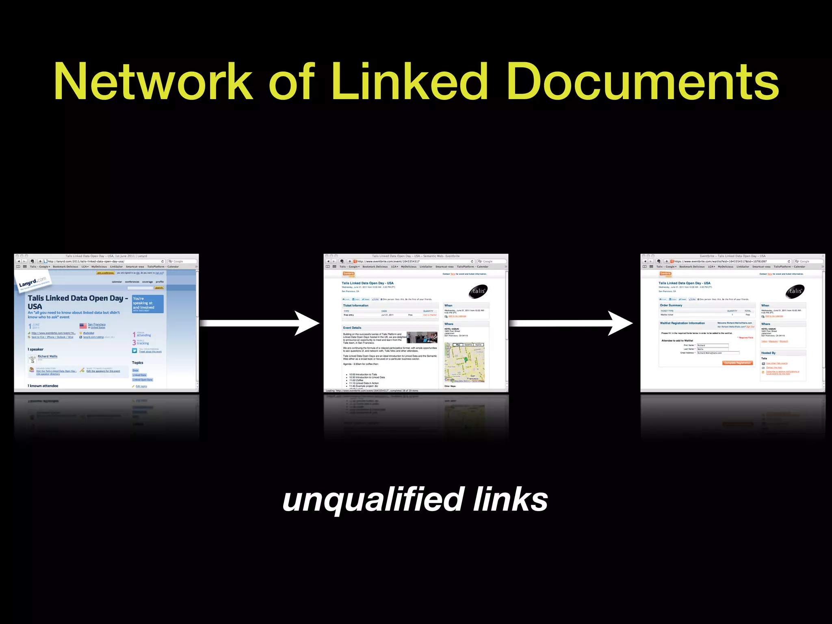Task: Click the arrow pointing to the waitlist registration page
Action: tap(570, 323)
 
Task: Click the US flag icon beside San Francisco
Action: tap(83, 326)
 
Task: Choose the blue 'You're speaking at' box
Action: tap(148, 304)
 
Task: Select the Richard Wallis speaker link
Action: tap(48, 356)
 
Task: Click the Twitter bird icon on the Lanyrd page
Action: tap(134, 351)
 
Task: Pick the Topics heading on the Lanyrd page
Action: tap(137, 363)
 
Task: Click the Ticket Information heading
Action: tap(355, 305)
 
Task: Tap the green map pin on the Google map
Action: tap(466, 360)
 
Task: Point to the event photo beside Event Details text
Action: tap(422, 338)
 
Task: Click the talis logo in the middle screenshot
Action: tap(478, 291)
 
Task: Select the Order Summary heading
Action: tap(671, 305)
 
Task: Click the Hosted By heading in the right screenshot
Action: tap(768, 353)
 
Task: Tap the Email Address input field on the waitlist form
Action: tap(718, 353)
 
